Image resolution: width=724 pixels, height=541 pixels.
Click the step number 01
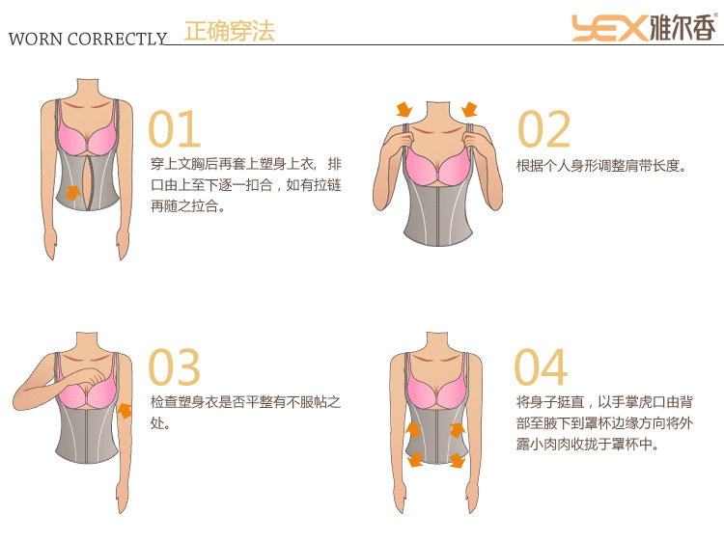click(175, 129)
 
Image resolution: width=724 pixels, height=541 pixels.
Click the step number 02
click(544, 129)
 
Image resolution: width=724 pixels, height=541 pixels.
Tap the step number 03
click(175, 367)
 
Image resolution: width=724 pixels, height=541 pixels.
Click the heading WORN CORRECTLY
click(87, 40)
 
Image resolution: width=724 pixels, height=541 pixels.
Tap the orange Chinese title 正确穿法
click(229, 31)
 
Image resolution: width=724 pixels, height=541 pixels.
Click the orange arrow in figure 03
click(125, 411)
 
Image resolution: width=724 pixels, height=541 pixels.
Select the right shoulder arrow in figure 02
click(470, 110)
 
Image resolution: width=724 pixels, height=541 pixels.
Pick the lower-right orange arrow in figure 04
click(457, 461)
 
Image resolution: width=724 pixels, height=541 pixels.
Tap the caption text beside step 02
click(600, 166)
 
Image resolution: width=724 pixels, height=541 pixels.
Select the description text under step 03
click(245, 412)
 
